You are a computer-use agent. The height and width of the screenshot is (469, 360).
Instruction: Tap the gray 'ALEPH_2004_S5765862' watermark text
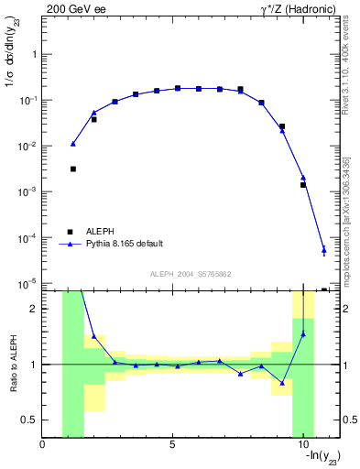click(190, 274)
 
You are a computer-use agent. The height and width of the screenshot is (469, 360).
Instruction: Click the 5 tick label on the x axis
click(172, 446)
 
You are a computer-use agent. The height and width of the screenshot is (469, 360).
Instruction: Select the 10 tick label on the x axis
click(302, 446)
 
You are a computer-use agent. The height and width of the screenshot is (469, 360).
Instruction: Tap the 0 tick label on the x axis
click(42, 446)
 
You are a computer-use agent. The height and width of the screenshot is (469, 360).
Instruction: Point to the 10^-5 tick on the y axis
click(29, 284)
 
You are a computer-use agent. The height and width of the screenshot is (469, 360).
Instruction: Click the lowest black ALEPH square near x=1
click(73, 169)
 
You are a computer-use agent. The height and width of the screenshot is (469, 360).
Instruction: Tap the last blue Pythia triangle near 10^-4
click(324, 249)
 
